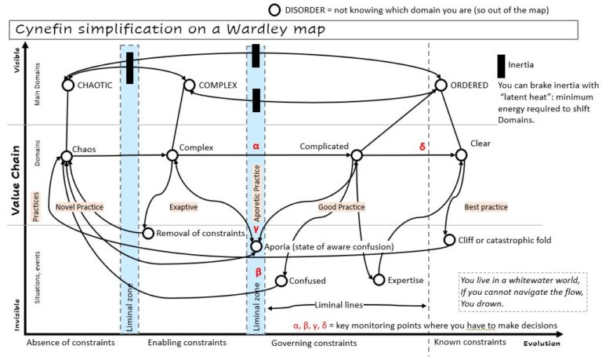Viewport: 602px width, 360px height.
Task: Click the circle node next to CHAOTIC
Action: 67,85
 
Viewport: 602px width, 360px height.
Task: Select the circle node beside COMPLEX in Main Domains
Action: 188,85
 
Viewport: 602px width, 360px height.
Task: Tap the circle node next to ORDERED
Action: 441,85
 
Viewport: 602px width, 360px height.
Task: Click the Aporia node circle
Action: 256,246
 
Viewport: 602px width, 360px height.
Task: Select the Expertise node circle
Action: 379,280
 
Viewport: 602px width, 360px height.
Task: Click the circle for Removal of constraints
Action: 148,233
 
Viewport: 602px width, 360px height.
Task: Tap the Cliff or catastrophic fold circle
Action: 448,240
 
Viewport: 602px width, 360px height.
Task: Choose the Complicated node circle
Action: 356,156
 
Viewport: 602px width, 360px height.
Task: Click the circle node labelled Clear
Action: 462,156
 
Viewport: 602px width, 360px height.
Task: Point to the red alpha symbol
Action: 256,146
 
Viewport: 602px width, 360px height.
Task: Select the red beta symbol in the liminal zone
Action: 256,271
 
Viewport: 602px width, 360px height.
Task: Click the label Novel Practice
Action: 80,207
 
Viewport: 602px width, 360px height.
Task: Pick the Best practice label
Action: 486,207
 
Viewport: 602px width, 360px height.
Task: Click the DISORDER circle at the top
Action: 274,9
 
